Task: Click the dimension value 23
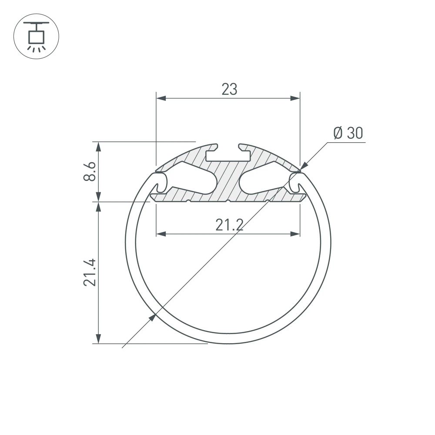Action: [x=229, y=89]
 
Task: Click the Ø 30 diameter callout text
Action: [x=348, y=134]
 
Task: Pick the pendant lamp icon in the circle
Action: [x=36, y=36]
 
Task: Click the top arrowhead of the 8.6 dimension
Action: [x=99, y=147]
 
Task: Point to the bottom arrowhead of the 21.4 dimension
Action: [x=99, y=338]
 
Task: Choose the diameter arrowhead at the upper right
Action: [x=303, y=166]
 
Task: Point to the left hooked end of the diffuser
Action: [x=159, y=182]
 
